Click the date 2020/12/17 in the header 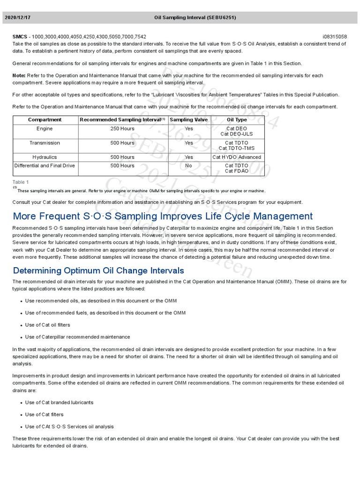point(18,17)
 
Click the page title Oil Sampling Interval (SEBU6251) point(195,17)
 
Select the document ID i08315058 point(335,37)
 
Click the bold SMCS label point(20,37)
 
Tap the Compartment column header point(45,120)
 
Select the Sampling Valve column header point(188,120)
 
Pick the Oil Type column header point(237,120)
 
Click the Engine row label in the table point(45,128)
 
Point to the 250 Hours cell point(122,128)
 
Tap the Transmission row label point(45,143)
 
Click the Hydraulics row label point(45,157)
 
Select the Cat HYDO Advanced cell point(237,157)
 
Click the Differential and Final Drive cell point(45,165)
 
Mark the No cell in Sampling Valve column point(188,165)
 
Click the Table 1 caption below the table point(21,182)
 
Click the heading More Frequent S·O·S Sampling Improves point(163,216)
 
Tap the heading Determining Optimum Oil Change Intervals point(98,270)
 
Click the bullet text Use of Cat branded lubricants point(59,402)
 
